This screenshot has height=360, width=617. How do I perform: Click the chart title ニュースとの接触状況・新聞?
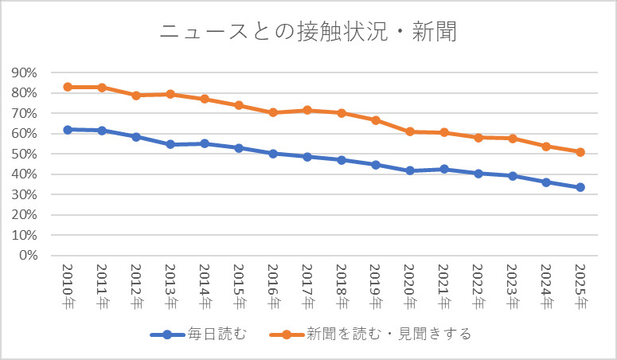(x=308, y=33)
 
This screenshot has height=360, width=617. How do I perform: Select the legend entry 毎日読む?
(x=196, y=335)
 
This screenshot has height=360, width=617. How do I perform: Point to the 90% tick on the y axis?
(x=24, y=72)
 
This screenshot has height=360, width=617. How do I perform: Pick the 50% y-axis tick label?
(x=24, y=154)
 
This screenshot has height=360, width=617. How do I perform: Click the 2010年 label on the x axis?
(x=68, y=287)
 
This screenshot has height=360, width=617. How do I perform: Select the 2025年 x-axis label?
(x=580, y=287)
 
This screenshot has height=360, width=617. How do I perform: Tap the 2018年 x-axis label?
(x=341, y=287)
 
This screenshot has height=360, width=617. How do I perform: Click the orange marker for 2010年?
(x=68, y=87)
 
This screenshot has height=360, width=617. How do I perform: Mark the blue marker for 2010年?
(x=68, y=129)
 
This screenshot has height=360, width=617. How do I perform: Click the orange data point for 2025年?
(x=580, y=152)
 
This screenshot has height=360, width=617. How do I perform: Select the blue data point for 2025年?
(x=580, y=187)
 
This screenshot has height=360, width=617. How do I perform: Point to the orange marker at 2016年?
(x=273, y=112)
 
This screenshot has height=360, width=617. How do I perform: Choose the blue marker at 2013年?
(x=170, y=144)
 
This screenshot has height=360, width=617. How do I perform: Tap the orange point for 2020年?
(x=409, y=131)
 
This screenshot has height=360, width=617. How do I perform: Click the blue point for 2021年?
(x=443, y=169)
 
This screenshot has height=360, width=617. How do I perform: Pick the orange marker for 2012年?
(x=136, y=95)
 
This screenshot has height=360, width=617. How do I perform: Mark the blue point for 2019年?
(x=375, y=165)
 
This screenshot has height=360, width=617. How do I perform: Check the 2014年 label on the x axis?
(x=205, y=287)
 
